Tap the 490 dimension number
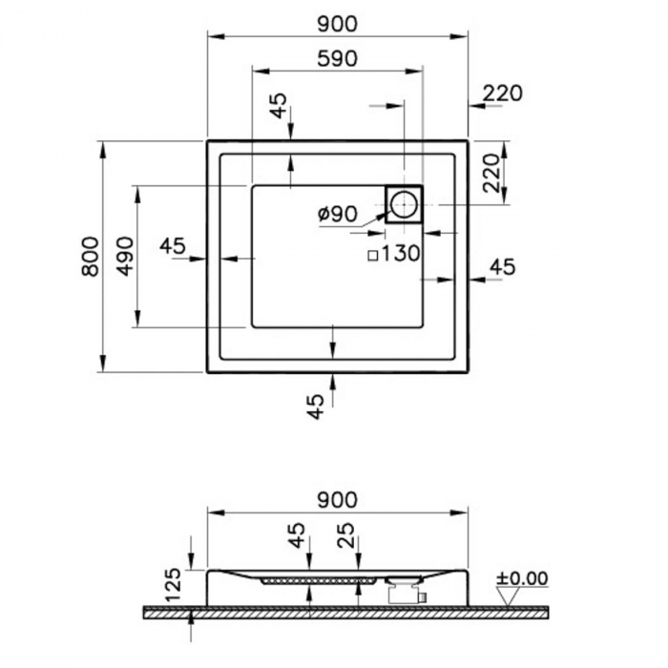point(125,256)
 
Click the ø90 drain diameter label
point(338,214)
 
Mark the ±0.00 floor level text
point(523,578)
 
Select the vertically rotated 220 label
point(491,173)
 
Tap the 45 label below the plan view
point(317,407)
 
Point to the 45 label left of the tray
point(173,245)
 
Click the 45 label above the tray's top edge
point(278,106)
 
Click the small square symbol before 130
point(373,255)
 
